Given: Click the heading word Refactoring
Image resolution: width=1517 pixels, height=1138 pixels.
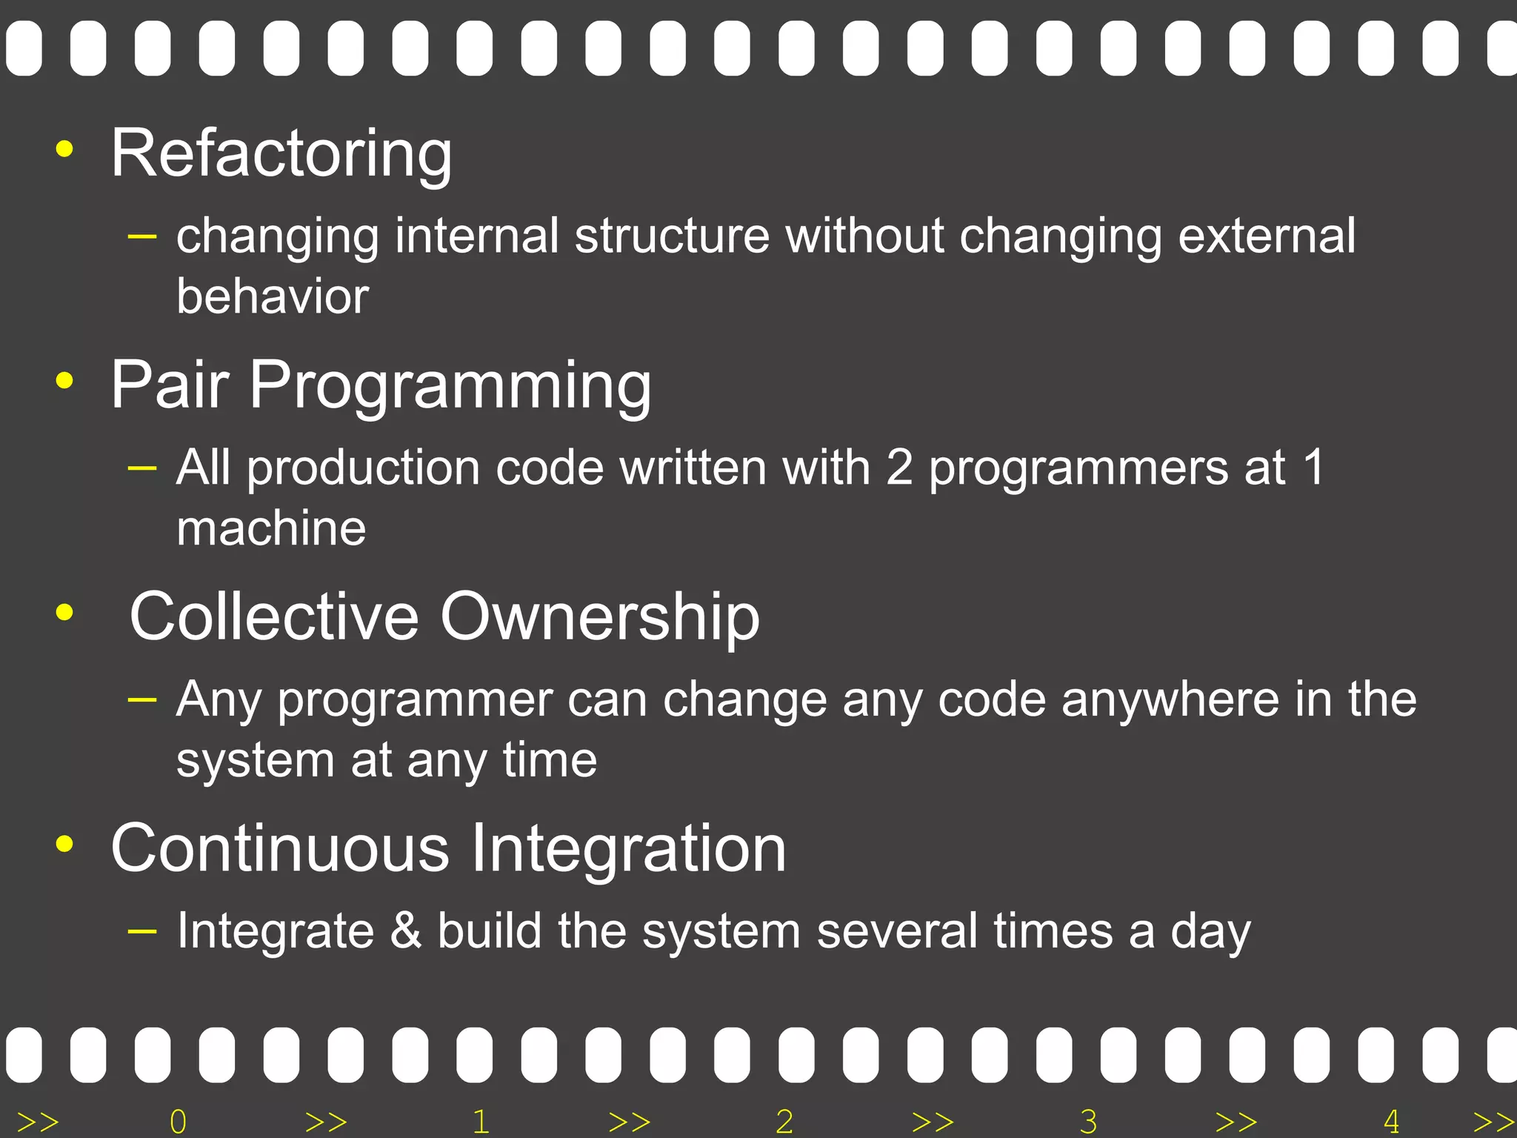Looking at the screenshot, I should coord(281,154).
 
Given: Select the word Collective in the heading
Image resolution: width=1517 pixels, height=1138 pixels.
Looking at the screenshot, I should coord(274,616).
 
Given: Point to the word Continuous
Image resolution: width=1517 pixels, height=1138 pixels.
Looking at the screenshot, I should coord(280,848).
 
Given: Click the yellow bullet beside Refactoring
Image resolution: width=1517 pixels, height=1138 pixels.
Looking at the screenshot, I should coord(65,149).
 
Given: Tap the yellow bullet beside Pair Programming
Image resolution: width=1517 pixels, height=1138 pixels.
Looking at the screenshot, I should coord(65,381).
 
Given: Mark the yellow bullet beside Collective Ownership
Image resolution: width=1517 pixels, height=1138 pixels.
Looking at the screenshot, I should coord(65,613).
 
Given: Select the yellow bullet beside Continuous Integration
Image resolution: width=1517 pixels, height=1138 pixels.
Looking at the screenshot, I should coord(65,844).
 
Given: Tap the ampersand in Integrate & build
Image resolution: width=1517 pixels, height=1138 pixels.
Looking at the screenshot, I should coord(405,931).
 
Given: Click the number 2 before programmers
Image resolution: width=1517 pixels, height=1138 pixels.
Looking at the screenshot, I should coord(899,468).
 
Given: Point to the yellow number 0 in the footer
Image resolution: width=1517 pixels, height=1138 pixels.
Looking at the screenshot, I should coord(178,1122).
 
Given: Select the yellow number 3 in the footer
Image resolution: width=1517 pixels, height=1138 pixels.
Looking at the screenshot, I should coord(1088,1122).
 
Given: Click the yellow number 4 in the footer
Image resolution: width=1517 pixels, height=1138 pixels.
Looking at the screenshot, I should coord(1391,1122).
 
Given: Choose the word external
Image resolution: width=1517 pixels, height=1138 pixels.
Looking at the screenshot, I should coord(1267,236).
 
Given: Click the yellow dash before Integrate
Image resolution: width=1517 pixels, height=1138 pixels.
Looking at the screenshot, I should coord(141,931).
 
